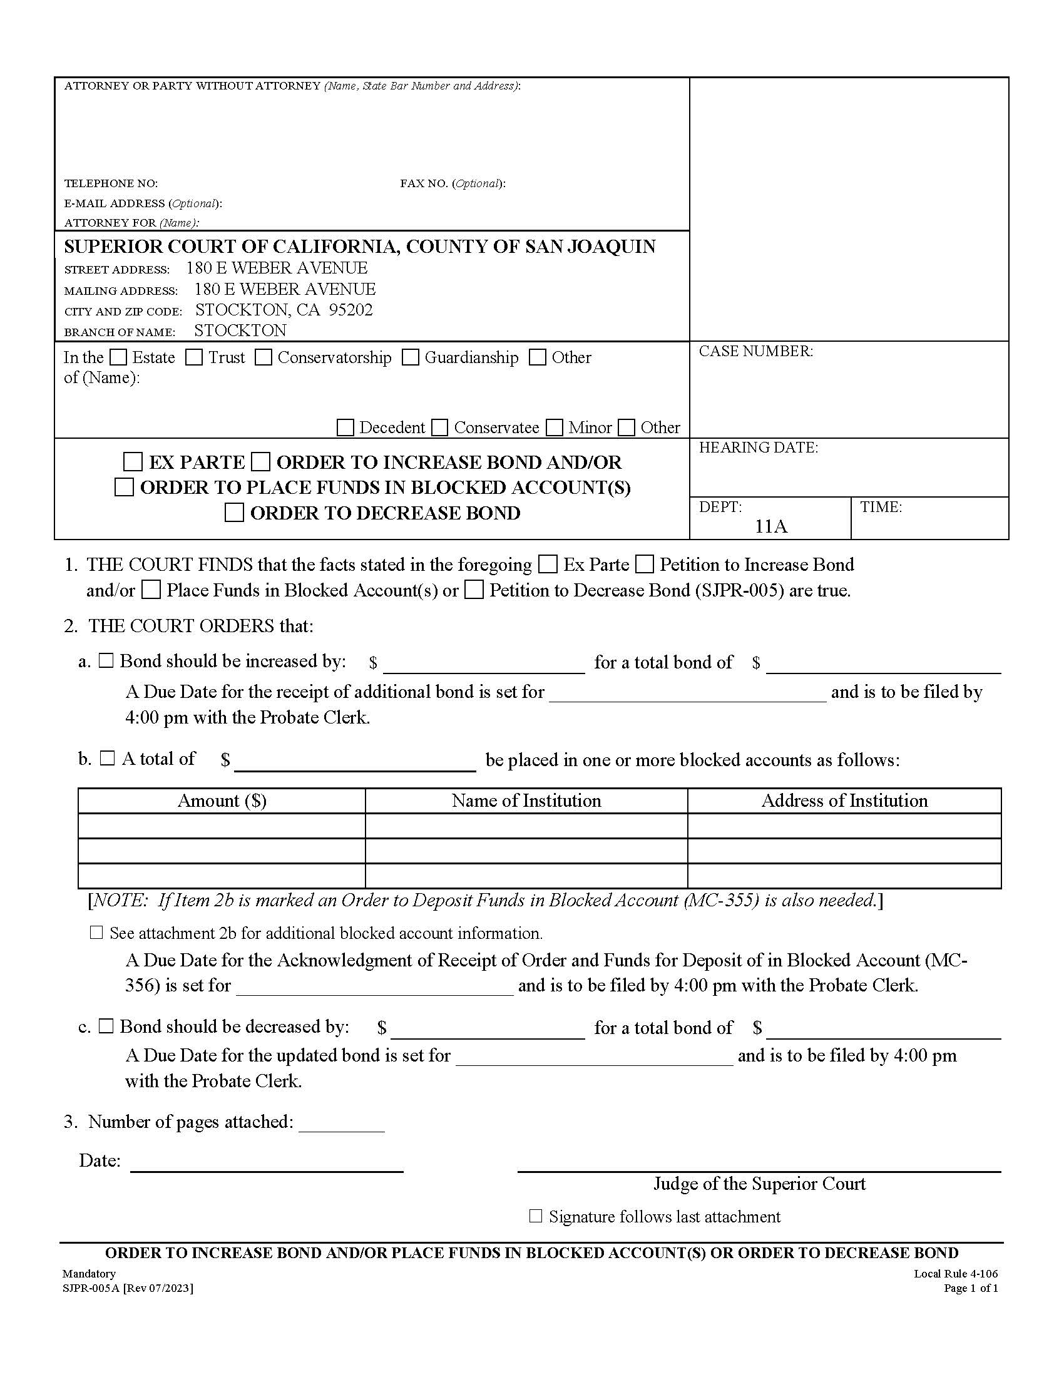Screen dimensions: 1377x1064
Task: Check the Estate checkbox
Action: point(118,357)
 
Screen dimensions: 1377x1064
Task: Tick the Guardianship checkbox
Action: point(411,357)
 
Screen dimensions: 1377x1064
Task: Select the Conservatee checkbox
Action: point(440,427)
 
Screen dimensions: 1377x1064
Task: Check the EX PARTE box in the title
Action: point(132,462)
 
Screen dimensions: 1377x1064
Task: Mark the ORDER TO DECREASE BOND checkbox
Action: point(234,513)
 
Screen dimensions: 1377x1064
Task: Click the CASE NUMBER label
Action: point(755,351)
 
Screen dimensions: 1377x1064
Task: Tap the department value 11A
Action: point(771,526)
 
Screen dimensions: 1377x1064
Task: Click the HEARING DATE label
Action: point(758,448)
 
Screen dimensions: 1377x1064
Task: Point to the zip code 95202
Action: point(350,310)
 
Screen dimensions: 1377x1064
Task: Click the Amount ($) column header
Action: point(222,801)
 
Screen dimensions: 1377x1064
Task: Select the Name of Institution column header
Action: point(526,801)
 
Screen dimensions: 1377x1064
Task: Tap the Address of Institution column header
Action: point(844,801)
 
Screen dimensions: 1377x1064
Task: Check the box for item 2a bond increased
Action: point(106,661)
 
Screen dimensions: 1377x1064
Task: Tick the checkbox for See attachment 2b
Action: point(96,933)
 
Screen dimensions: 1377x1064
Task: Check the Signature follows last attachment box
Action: point(535,1216)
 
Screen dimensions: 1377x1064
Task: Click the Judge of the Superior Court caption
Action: point(759,1184)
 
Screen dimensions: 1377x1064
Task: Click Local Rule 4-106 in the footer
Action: point(955,1274)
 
